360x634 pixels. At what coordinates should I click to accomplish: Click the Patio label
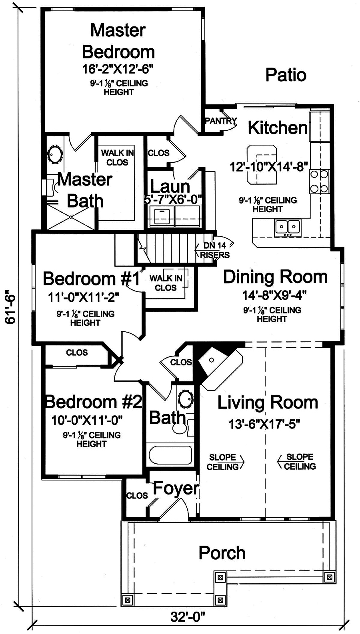[x=286, y=75]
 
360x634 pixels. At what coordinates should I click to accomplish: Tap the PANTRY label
[x=221, y=121]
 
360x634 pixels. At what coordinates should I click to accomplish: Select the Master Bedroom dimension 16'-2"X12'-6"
[x=118, y=69]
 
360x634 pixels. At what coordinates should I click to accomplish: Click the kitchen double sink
[x=288, y=227]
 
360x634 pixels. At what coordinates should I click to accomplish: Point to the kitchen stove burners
[x=320, y=181]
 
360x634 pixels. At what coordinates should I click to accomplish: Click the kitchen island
[x=262, y=164]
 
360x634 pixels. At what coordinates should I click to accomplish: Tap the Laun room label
[x=170, y=187]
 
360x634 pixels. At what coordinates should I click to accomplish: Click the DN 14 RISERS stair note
[x=215, y=250]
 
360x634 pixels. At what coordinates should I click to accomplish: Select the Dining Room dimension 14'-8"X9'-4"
[x=274, y=295]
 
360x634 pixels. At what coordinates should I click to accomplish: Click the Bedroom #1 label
[x=92, y=279]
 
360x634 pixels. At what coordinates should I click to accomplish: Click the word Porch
[x=222, y=552]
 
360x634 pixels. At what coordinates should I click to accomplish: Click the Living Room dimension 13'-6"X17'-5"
[x=264, y=424]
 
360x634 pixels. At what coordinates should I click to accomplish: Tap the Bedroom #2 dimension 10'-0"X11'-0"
[x=87, y=420]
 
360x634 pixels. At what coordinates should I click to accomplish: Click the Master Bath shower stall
[x=70, y=217]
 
